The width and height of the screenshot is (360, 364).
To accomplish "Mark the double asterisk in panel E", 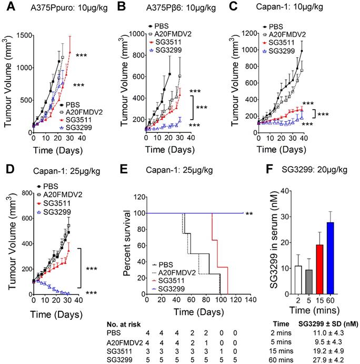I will pyautogui.click(x=249, y=213).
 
